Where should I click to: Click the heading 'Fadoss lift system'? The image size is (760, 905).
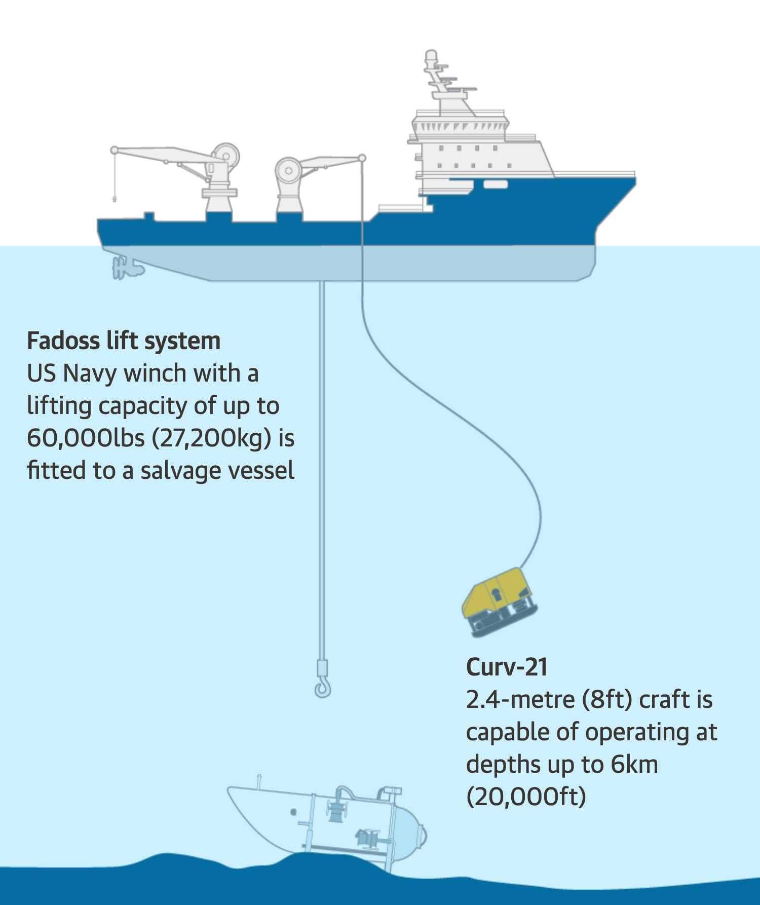click(x=124, y=341)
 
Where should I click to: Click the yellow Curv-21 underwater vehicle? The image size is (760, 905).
click(x=499, y=601)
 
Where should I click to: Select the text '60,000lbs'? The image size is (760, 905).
click(x=86, y=438)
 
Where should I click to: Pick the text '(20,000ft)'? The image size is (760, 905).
click(x=526, y=797)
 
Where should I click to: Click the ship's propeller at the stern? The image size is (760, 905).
click(x=122, y=268)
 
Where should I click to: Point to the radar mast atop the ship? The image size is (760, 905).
click(x=441, y=81)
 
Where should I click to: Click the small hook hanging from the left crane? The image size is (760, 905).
click(x=116, y=198)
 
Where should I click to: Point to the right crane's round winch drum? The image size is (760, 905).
click(x=288, y=171)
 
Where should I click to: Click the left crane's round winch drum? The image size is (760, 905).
click(x=225, y=155)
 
